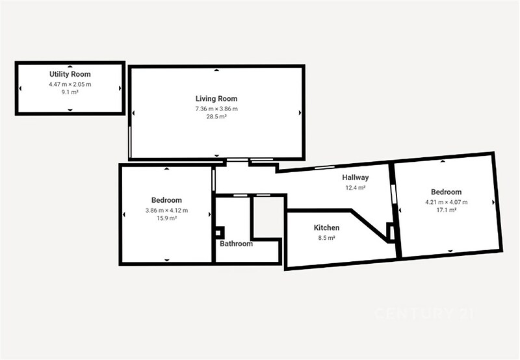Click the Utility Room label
coord(70,74)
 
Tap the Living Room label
coord(216,99)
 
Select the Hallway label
coord(356,177)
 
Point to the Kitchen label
coord(327,227)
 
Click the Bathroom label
coord(236,244)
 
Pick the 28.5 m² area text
coord(216,117)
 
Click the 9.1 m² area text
coord(70,92)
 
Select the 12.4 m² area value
coord(356,188)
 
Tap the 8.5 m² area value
coord(327,238)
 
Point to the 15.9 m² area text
coord(166,218)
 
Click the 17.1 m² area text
coord(447,210)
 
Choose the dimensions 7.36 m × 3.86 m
coord(216,109)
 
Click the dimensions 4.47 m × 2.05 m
coord(70,84)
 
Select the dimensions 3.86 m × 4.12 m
coord(166,210)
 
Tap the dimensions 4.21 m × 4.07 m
coord(447,202)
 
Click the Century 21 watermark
coord(424,314)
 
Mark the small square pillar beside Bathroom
coord(219,233)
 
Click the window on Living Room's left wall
coord(130,142)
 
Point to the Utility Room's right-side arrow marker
coord(120,88)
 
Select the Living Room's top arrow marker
coord(216,70)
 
